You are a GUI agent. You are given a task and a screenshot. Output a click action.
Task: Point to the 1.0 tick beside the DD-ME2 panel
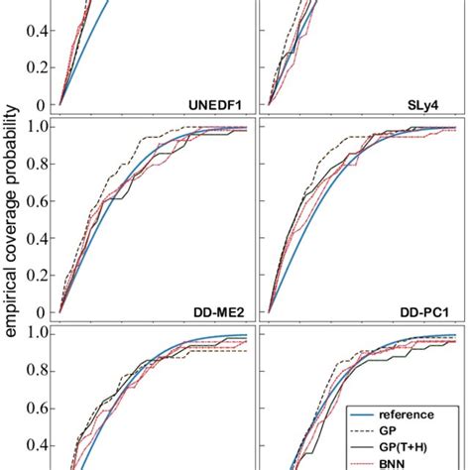tap(39, 127)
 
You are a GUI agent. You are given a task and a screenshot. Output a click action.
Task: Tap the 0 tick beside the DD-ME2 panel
tap(45, 311)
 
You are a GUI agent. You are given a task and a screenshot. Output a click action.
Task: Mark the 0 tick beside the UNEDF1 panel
tap(45, 104)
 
